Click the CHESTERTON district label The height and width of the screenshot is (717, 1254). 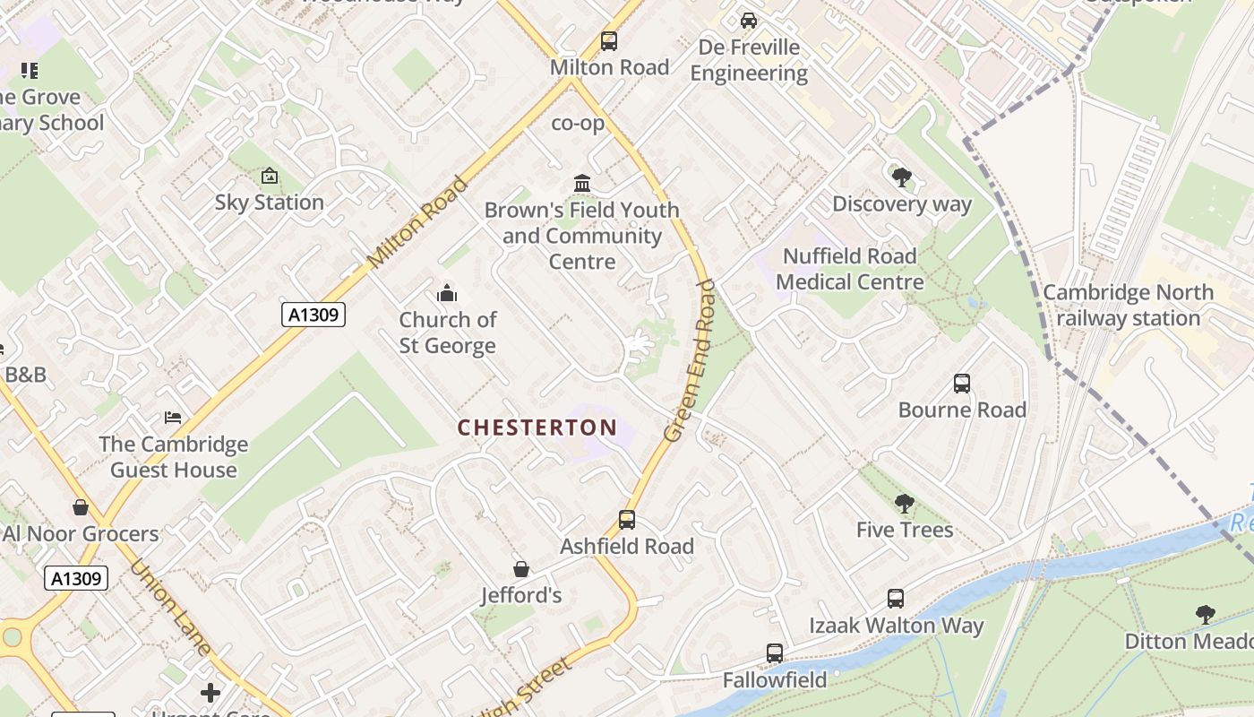(x=537, y=428)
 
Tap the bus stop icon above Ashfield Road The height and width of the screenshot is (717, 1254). (x=627, y=520)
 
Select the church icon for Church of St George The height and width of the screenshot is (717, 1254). (x=447, y=293)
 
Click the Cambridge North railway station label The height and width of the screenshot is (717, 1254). (x=1128, y=306)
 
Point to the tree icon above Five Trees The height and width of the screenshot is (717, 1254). (x=905, y=504)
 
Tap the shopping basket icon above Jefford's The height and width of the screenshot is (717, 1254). (x=521, y=569)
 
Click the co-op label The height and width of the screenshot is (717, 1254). (x=578, y=124)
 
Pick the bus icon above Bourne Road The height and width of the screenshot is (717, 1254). (x=962, y=384)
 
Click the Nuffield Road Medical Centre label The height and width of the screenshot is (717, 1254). (x=849, y=269)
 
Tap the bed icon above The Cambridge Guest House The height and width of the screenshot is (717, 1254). (x=173, y=418)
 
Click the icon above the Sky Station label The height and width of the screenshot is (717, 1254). (x=270, y=177)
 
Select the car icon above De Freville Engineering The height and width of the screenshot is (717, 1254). (x=749, y=21)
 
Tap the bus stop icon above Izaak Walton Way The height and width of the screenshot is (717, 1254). (x=896, y=599)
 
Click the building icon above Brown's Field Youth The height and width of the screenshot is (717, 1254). (x=582, y=184)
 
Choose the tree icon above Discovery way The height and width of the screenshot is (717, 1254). (x=902, y=177)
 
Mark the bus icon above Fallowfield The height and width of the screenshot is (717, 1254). (x=775, y=653)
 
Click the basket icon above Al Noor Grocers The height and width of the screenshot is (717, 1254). (x=81, y=508)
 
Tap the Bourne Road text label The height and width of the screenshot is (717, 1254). (x=962, y=410)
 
